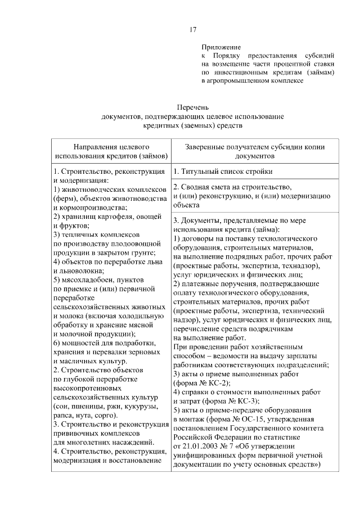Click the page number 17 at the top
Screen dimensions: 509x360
click(x=193, y=30)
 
